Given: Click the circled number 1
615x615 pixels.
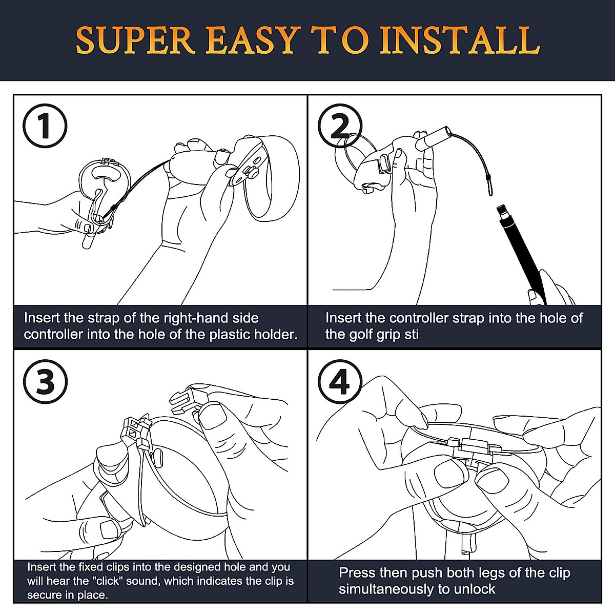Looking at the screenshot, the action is pyautogui.click(x=45, y=126).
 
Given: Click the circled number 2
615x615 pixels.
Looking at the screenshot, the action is pyautogui.click(x=340, y=126).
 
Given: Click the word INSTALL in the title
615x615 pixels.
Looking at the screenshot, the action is pyautogui.click(x=459, y=41).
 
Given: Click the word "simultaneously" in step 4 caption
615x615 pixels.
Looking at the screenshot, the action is pyautogui.click(x=386, y=589).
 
